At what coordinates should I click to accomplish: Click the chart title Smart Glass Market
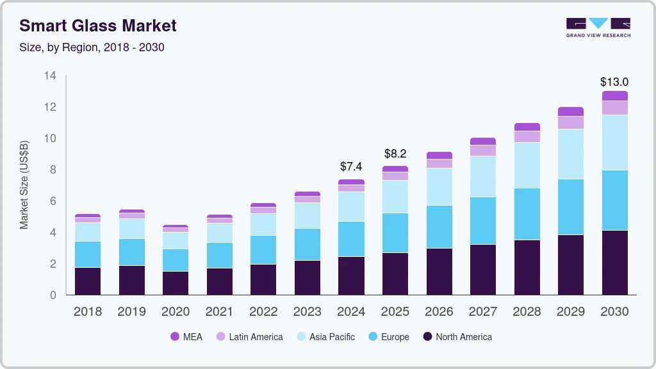(x=98, y=26)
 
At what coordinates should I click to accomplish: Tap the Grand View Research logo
(x=598, y=27)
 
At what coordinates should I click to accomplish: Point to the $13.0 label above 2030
(x=614, y=82)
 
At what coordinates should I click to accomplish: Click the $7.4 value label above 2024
(x=351, y=167)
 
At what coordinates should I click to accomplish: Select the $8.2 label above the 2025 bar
(x=395, y=154)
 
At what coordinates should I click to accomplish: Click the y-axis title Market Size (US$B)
(x=24, y=184)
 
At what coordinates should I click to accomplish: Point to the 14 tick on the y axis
(x=50, y=76)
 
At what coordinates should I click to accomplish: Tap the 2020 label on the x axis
(x=176, y=312)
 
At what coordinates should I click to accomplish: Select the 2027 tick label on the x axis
(x=482, y=312)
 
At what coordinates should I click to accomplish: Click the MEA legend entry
(x=186, y=337)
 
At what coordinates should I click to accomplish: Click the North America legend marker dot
(x=427, y=337)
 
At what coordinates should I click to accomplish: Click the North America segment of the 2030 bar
(x=614, y=263)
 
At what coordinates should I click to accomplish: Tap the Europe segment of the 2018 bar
(x=88, y=254)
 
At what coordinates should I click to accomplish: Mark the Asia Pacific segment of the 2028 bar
(x=527, y=165)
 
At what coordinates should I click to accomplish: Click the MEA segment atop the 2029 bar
(x=570, y=111)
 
